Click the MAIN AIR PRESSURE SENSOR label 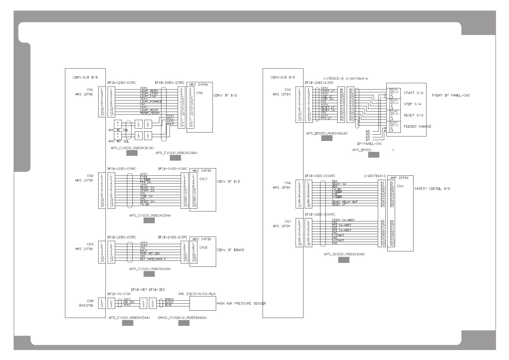tap(241, 303)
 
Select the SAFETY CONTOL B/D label tap(432, 189)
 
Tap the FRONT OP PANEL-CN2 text tap(451, 95)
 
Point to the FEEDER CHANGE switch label tap(417, 126)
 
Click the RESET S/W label tap(413, 115)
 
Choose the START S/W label tap(413, 93)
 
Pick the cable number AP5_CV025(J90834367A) tap(132, 148)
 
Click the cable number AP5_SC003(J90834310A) tap(344, 254)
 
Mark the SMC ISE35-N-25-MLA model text tap(197, 294)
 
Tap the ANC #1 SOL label tap(118, 130)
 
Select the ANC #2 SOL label tap(118, 141)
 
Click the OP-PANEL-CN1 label tap(369, 144)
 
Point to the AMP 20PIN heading tap(397, 178)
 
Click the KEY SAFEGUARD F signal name tap(153, 259)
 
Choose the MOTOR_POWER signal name tap(150, 113)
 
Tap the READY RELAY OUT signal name tap(345, 202)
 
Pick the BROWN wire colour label tap(169, 299)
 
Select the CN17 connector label tap(203, 179)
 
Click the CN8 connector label tap(90, 301)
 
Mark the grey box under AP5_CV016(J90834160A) tap(149, 274)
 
